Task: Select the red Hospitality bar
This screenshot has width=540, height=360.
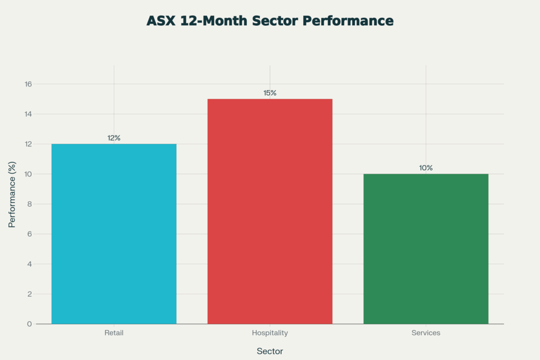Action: (270, 211)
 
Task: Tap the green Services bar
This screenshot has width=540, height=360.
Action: (426, 249)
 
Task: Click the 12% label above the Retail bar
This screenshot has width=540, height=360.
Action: (114, 138)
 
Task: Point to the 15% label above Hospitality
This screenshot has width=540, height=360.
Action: (270, 93)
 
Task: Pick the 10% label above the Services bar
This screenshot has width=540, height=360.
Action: (426, 168)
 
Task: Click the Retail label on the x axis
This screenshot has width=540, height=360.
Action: (114, 333)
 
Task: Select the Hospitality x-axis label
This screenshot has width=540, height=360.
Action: (270, 333)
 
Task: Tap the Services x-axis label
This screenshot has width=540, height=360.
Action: (426, 333)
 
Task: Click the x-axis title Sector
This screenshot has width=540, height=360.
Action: (270, 351)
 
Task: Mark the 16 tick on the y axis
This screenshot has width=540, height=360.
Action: (28, 84)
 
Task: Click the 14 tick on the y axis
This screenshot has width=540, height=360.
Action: (28, 114)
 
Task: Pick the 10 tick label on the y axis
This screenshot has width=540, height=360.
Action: (28, 174)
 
